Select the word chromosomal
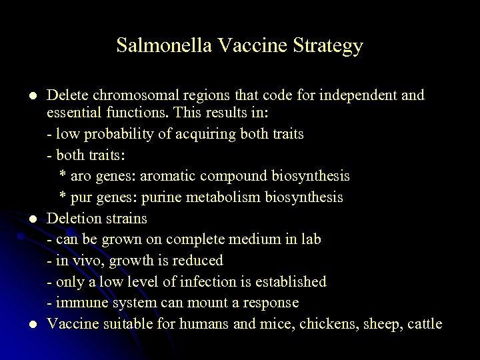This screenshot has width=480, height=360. [126, 95]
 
